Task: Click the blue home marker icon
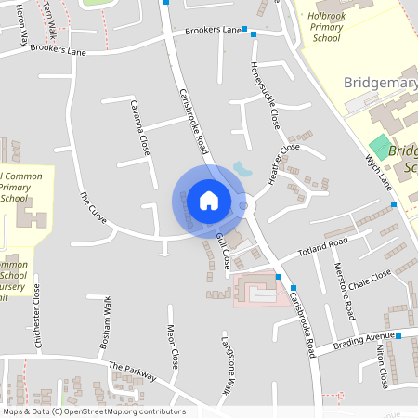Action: coord(209,201)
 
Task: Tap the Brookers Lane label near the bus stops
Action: coord(213,31)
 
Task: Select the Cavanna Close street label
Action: coord(139,127)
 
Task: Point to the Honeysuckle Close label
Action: coord(264,95)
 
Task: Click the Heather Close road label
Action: coord(282,163)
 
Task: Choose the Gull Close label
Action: coord(222,252)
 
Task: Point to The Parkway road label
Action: coord(132,370)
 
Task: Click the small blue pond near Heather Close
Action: coord(242,169)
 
